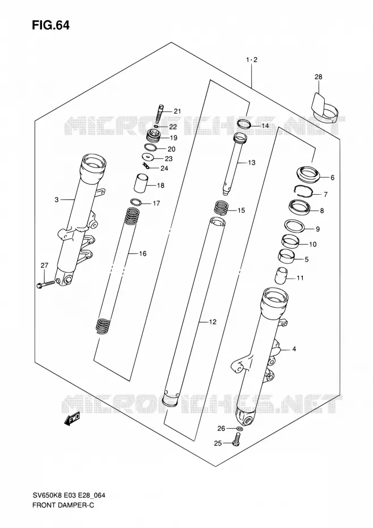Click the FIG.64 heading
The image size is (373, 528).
51,25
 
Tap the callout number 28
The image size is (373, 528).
318,77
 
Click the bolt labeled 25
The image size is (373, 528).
236,439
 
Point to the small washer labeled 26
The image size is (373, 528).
239,428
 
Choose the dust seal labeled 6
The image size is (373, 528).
308,173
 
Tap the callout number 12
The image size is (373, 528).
212,322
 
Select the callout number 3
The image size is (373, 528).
57,200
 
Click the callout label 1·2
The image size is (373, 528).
251,60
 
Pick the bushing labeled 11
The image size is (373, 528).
281,275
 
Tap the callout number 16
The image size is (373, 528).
143,253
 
